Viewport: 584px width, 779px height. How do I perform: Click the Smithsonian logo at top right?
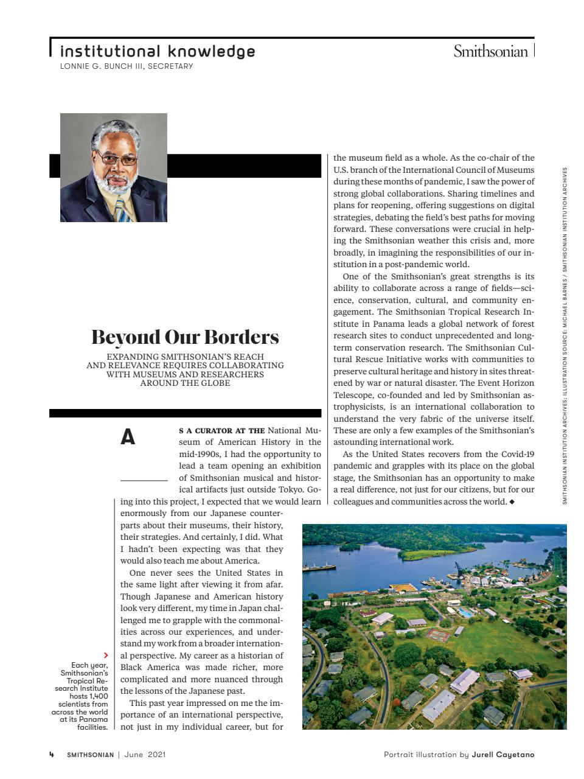[490, 52]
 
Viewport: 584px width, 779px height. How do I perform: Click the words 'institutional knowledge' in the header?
[158, 51]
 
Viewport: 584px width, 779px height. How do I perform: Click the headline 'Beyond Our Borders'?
[185, 337]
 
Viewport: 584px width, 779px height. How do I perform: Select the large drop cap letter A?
[128, 438]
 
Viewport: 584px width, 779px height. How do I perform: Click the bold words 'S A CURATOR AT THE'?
[221, 431]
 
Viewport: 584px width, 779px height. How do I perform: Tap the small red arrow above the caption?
[106, 655]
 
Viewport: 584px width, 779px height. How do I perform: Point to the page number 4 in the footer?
[52, 755]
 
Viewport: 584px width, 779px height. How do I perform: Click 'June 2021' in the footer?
[145, 755]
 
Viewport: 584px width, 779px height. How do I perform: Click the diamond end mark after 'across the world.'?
[512, 502]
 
